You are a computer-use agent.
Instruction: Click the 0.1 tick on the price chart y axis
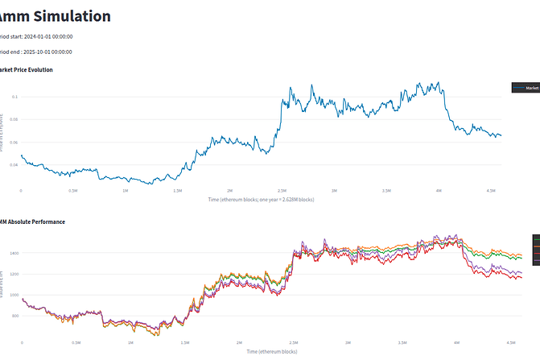pos(14,97)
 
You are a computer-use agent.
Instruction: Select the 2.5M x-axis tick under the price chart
pos(282,191)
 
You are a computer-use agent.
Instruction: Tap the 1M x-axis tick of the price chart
pos(126,191)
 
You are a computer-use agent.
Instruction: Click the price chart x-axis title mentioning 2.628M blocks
pos(261,199)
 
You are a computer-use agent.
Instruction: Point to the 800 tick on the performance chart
pos(14,316)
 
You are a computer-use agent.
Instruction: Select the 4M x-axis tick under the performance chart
pos(457,342)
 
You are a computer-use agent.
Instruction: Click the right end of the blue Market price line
pos(501,136)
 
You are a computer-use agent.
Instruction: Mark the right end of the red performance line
pos(521,278)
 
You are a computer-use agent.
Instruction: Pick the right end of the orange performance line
pos(521,256)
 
